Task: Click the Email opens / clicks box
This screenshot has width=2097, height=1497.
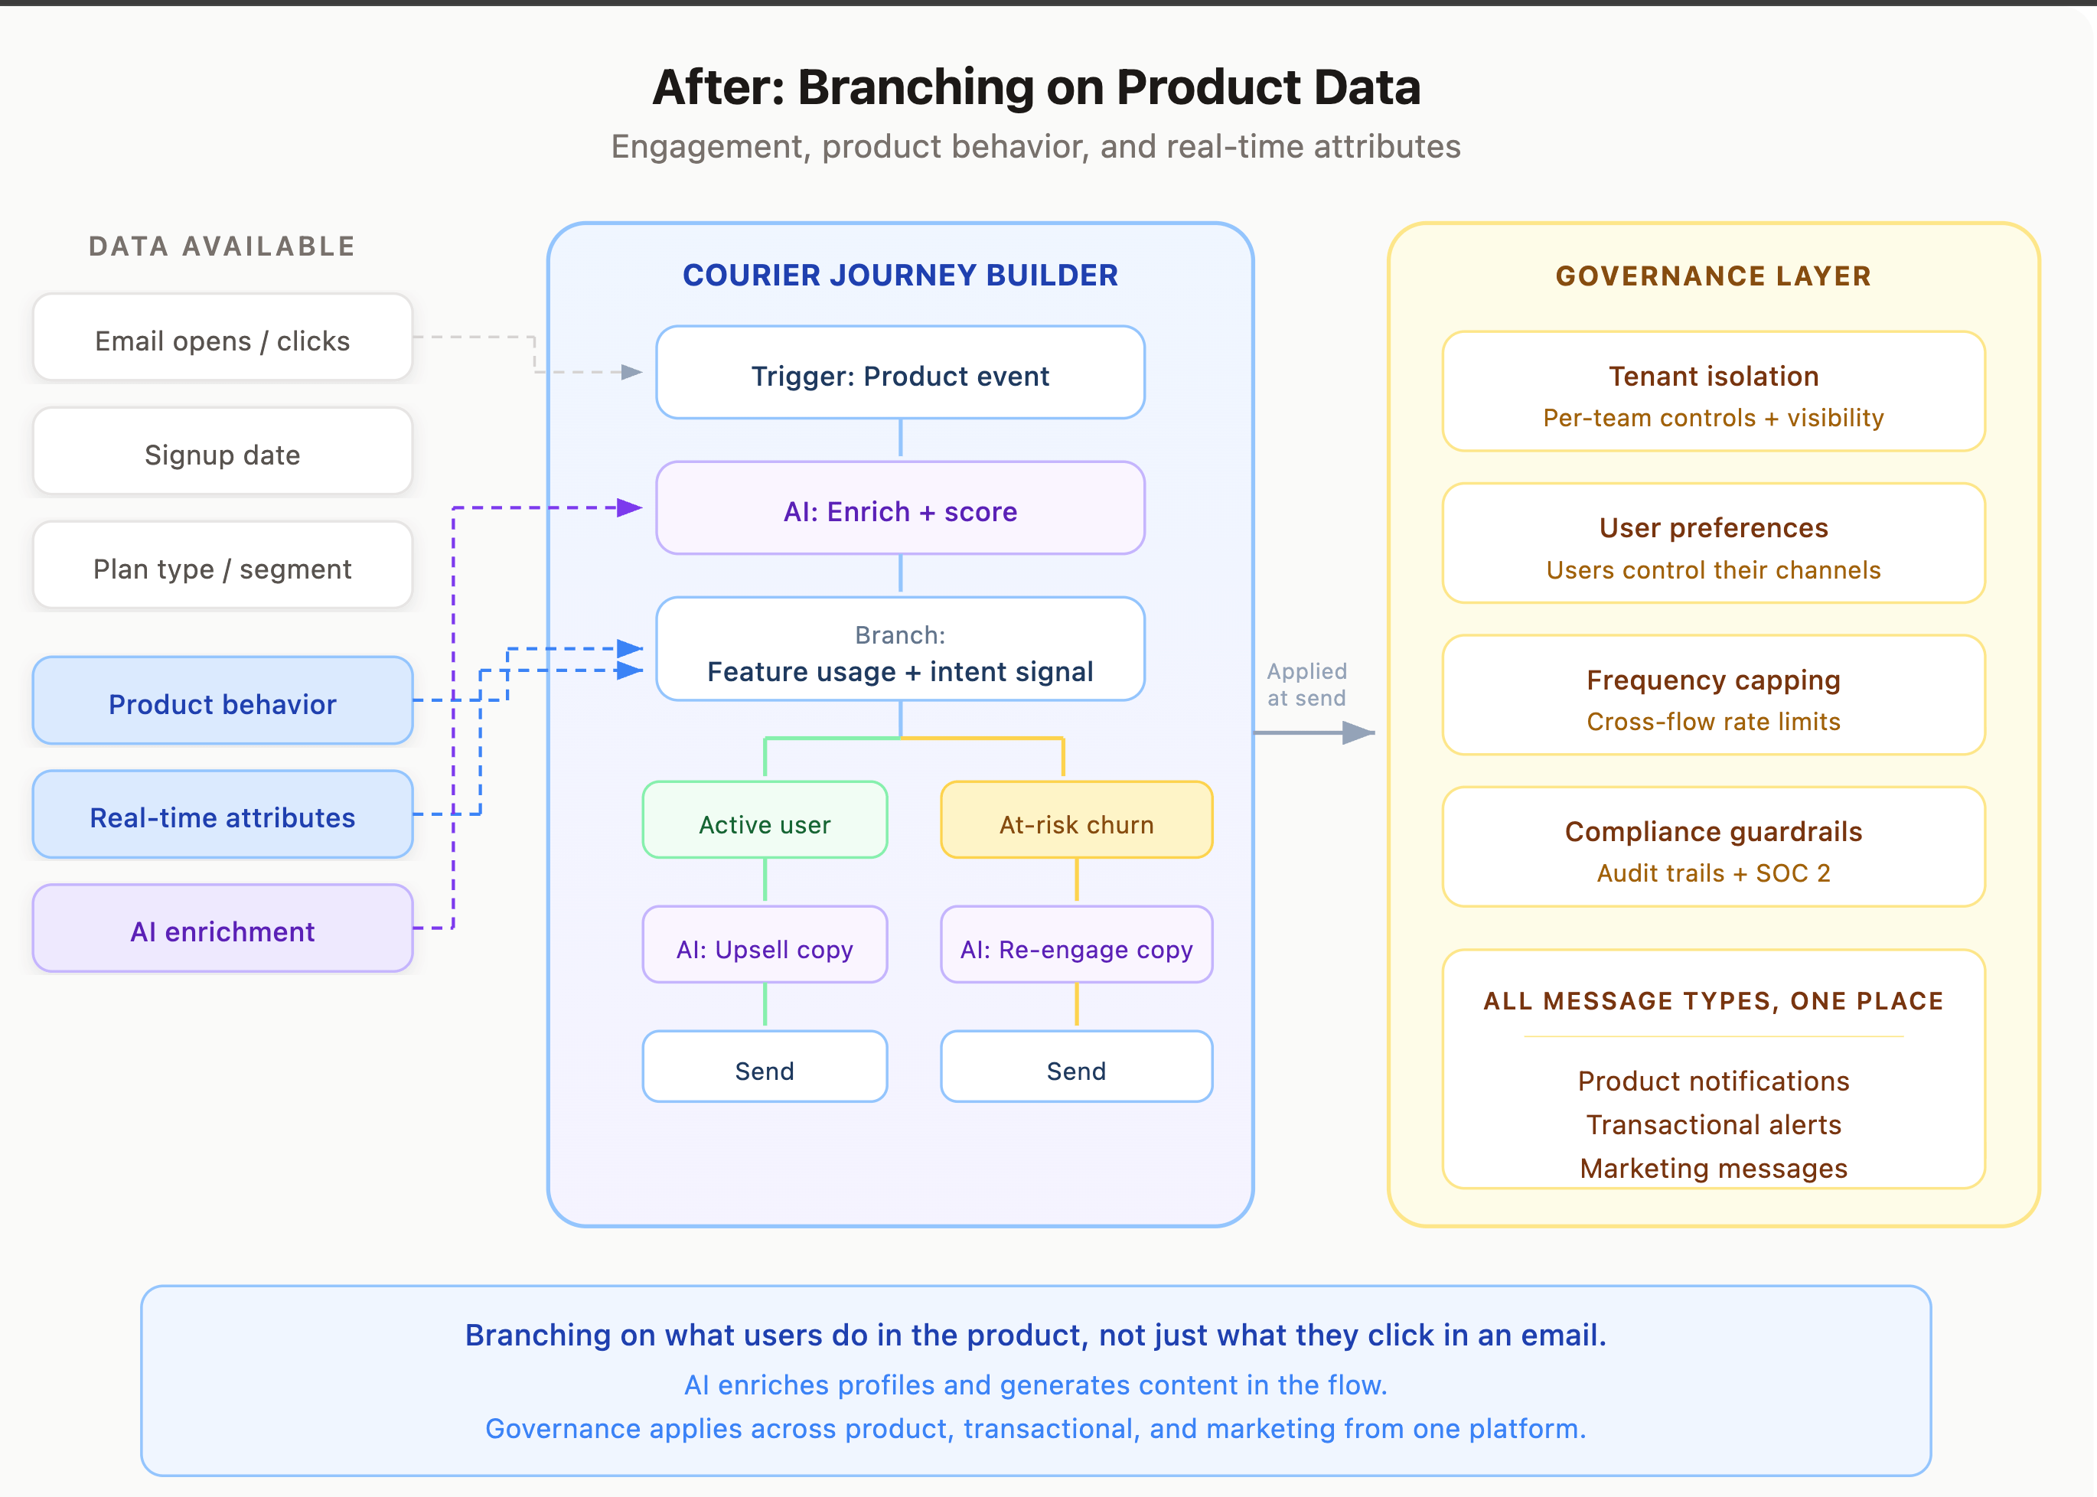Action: pyautogui.click(x=222, y=338)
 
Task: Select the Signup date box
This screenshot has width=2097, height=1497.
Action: pyautogui.click(x=222, y=452)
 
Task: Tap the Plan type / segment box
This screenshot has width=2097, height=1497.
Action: pyautogui.click(x=222, y=567)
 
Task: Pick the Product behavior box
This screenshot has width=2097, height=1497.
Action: pyautogui.click(x=222, y=702)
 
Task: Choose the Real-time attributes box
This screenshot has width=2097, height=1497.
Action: pyautogui.click(x=222, y=816)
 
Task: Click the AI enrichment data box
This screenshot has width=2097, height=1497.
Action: pyautogui.click(x=222, y=929)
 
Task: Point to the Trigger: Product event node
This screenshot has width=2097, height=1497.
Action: pyautogui.click(x=899, y=373)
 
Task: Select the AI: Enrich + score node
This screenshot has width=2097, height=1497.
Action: pyautogui.click(x=899, y=509)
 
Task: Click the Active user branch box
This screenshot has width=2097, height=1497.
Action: pyautogui.click(x=764, y=821)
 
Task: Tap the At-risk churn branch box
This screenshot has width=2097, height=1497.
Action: pyautogui.click(x=1076, y=821)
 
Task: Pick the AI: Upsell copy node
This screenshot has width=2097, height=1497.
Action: pyautogui.click(x=764, y=946)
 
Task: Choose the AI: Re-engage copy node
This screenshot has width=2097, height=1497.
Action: pyautogui.click(x=1076, y=946)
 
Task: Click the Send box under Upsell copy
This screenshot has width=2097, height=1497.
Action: pyautogui.click(x=764, y=1068)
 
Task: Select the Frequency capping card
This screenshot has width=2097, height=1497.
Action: pyautogui.click(x=1713, y=696)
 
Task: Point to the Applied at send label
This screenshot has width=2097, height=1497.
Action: pyautogui.click(x=1306, y=684)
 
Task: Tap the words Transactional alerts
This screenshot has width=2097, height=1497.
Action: pyautogui.click(x=1713, y=1124)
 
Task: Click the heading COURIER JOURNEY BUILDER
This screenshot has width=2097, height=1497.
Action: pyautogui.click(x=899, y=275)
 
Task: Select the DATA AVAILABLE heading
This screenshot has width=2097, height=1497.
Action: pyautogui.click(x=222, y=246)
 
